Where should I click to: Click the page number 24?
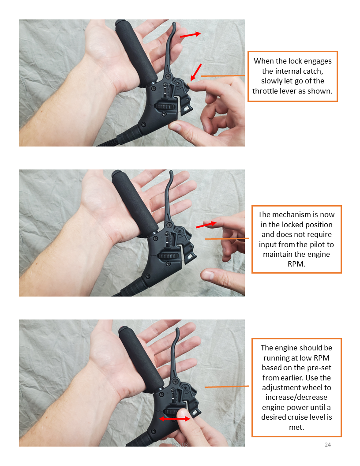tap(328, 445)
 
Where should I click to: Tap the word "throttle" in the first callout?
tap(266, 91)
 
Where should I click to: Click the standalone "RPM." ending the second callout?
tap(296, 264)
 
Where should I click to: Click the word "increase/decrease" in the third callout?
tap(296, 397)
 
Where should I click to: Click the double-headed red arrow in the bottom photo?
tap(175, 419)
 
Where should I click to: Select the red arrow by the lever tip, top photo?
tap(191, 35)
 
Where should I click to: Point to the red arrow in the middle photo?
tap(206, 225)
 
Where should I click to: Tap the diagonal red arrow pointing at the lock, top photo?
tap(196, 72)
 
